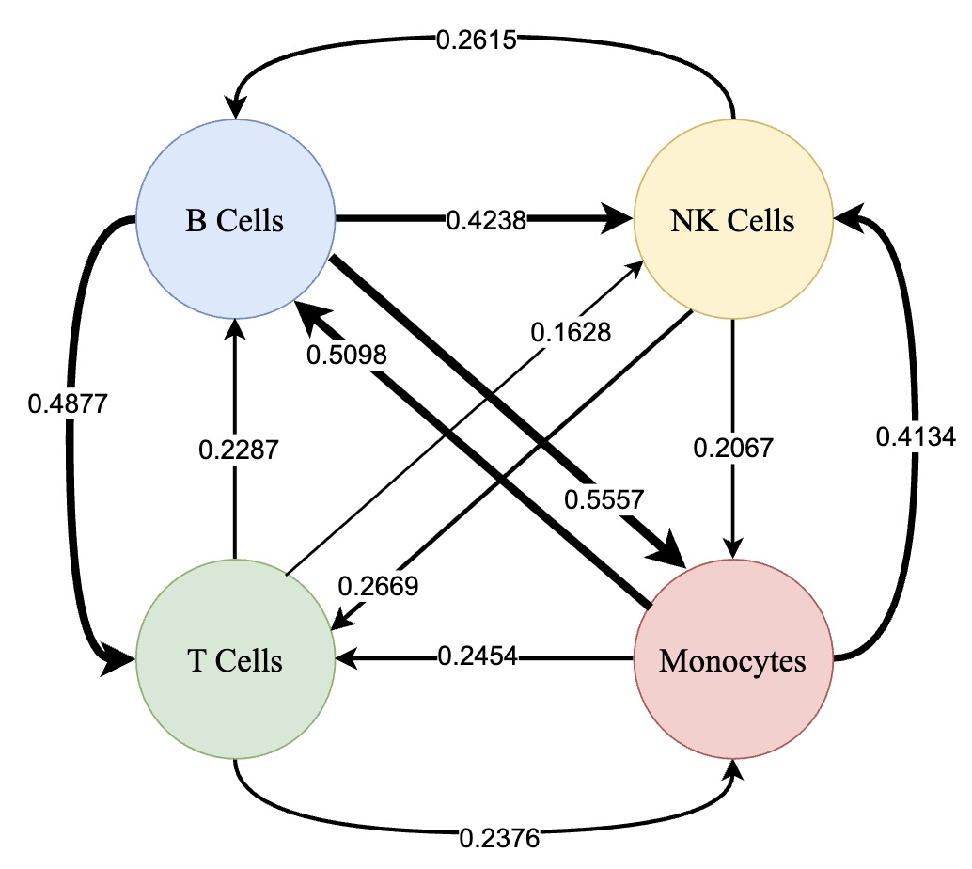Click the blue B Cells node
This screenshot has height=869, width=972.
(235, 222)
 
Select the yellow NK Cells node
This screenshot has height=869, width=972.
(732, 222)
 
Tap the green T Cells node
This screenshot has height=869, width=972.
(235, 660)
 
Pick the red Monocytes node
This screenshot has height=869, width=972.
(732, 660)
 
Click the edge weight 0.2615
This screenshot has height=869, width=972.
(476, 40)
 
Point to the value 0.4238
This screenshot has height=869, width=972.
(486, 221)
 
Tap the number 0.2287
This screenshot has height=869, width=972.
(239, 450)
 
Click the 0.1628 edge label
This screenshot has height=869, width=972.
(570, 332)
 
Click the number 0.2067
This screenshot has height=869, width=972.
(733, 449)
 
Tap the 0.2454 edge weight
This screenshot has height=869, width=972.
(478, 656)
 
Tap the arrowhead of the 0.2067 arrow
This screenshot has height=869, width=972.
(733, 549)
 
